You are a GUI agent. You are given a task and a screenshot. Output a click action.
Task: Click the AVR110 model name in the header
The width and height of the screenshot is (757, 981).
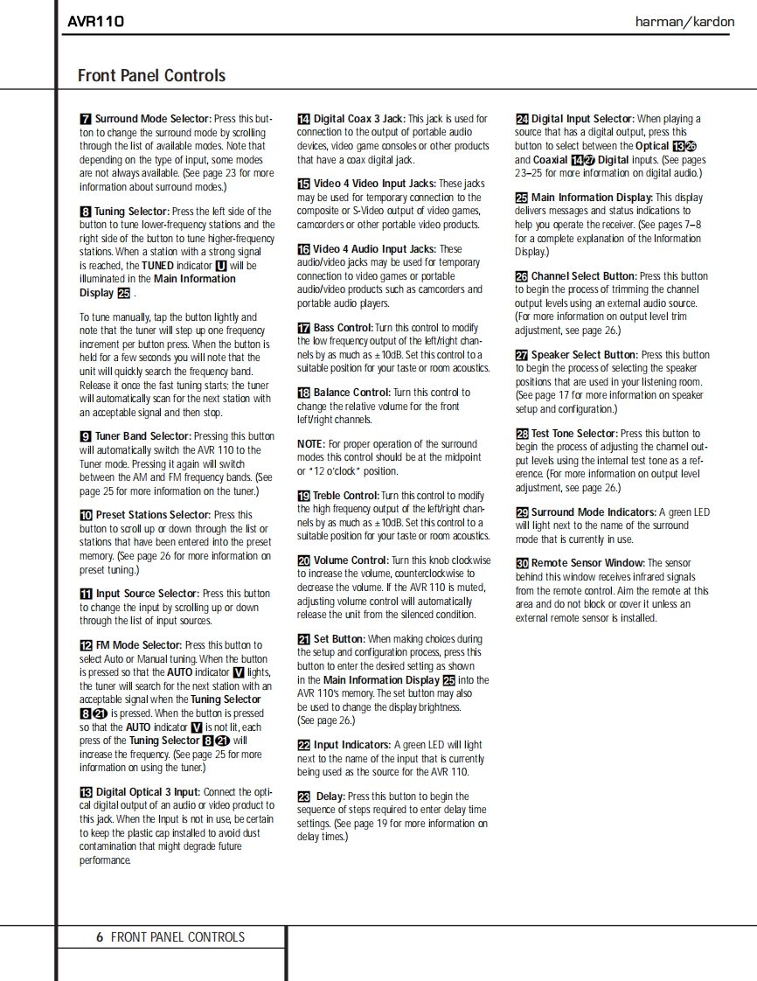point(96,21)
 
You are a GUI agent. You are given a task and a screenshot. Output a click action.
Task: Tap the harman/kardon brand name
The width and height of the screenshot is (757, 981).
point(684,22)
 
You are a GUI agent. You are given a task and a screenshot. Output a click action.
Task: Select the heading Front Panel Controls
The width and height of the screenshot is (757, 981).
point(151,76)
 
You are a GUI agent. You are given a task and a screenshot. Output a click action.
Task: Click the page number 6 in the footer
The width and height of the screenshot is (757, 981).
point(100,936)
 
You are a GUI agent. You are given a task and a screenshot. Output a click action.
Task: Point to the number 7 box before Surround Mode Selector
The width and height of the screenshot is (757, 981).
point(86,119)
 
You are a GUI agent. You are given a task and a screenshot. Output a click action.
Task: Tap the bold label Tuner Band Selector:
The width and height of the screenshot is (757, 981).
point(143,435)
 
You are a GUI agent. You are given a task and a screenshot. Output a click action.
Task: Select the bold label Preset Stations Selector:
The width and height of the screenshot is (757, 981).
point(153,515)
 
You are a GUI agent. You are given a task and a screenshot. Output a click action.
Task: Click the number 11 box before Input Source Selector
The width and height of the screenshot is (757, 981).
point(86,594)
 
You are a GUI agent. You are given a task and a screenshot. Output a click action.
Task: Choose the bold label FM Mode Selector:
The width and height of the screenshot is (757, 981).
point(139,645)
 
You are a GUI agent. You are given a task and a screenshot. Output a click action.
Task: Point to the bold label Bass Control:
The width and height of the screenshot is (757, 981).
point(344,328)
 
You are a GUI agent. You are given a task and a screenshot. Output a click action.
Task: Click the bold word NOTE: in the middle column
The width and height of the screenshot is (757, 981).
point(311,444)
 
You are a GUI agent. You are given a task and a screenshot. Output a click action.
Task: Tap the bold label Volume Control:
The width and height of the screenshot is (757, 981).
point(351,560)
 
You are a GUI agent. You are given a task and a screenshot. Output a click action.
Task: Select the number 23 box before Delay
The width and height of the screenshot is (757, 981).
point(304,797)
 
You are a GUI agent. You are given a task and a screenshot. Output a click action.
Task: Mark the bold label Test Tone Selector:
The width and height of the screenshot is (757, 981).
point(574,434)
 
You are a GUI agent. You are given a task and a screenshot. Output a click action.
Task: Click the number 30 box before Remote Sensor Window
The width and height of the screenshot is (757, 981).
point(522,564)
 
